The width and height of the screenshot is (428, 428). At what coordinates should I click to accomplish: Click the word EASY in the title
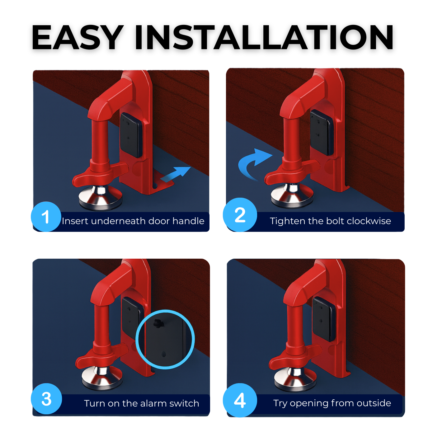[77, 37]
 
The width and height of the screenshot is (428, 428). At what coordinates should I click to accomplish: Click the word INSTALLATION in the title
[264, 37]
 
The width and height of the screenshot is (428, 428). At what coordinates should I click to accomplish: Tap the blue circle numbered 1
[46, 217]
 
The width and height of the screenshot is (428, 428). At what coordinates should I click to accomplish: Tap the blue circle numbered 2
[240, 215]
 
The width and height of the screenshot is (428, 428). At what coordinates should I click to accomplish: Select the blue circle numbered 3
[46, 399]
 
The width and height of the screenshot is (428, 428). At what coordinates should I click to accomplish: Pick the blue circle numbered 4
[240, 400]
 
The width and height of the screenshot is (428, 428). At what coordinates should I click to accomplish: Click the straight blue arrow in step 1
[175, 174]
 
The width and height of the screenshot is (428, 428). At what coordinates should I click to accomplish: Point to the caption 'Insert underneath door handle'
[133, 221]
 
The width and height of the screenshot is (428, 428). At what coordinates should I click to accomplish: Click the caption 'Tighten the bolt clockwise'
[330, 221]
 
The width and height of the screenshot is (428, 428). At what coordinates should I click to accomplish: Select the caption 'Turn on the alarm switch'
[142, 403]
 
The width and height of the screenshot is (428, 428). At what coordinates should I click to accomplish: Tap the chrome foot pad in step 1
[101, 197]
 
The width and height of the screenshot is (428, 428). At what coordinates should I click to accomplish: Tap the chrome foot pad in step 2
[293, 196]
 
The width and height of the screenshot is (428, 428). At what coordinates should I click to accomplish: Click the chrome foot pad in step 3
[102, 379]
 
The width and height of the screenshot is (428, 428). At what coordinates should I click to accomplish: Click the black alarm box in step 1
[131, 135]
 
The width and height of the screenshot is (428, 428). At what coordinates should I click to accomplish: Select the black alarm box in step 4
[324, 319]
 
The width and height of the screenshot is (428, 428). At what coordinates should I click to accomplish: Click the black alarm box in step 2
[322, 132]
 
